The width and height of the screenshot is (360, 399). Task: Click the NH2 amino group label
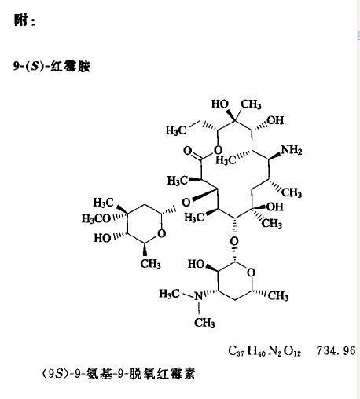coord(292,150)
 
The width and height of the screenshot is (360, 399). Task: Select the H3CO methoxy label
coord(96,218)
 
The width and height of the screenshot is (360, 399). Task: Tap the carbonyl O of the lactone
coord(188,151)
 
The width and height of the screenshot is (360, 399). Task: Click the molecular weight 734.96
coord(336,350)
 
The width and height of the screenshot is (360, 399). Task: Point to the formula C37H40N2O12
coord(265,350)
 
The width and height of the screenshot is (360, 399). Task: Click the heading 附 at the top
coord(21,20)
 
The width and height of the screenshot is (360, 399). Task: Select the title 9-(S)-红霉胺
coord(52,67)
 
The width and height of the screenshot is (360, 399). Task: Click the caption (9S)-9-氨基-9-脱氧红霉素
coord(119,374)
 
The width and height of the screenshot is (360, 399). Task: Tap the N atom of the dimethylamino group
coord(198,296)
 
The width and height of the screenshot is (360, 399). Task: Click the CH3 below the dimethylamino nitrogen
coord(204,323)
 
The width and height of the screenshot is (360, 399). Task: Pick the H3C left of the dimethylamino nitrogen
coord(169,294)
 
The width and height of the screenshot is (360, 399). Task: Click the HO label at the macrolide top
coord(220,104)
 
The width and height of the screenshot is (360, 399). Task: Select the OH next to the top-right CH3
coord(275,120)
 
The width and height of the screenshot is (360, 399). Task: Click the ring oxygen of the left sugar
coord(162,233)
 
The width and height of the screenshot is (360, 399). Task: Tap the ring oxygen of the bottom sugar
coord(251,273)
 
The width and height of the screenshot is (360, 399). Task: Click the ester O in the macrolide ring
coord(218,151)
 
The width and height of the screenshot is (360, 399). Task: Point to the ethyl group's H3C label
coord(175,130)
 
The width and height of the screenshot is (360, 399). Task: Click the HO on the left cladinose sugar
coord(102,238)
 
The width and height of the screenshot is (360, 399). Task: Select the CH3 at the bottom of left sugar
coord(150,264)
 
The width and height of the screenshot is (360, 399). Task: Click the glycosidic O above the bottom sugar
coord(234,241)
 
